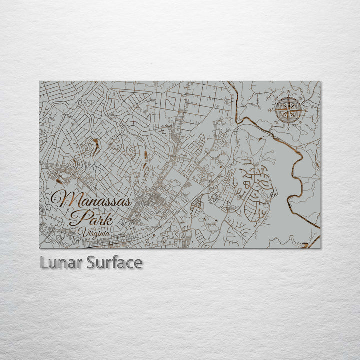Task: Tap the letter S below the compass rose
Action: point(288,128)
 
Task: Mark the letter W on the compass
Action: point(270,110)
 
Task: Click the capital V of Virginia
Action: point(82,232)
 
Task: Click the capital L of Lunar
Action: point(43,262)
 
